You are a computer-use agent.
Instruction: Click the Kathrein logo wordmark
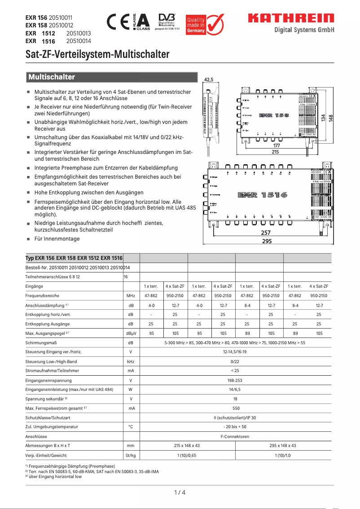[x=291, y=18]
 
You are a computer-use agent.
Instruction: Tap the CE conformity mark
[x=118, y=22]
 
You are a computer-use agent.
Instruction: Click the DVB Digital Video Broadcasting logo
[x=167, y=21]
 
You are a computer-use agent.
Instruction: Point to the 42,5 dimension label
[x=209, y=80]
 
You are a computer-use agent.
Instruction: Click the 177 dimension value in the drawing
[x=277, y=145]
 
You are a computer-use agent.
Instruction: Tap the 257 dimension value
[x=266, y=233]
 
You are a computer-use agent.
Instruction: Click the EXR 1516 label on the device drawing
[x=263, y=195]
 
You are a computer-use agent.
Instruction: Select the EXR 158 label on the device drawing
[x=274, y=115]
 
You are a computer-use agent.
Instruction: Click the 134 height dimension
[x=323, y=117]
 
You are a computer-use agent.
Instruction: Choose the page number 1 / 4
[x=180, y=492]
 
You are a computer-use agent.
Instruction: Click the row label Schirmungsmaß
[x=41, y=342]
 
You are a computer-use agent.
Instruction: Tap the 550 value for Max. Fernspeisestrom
[x=236, y=408]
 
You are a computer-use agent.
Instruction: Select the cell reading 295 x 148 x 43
[x=283, y=446]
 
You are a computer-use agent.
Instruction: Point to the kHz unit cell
[x=131, y=361]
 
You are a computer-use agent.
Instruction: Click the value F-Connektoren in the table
[x=236, y=436]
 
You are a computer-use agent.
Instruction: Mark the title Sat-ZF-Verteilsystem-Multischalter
[x=97, y=55]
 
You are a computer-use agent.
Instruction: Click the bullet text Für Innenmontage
[x=57, y=239]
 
